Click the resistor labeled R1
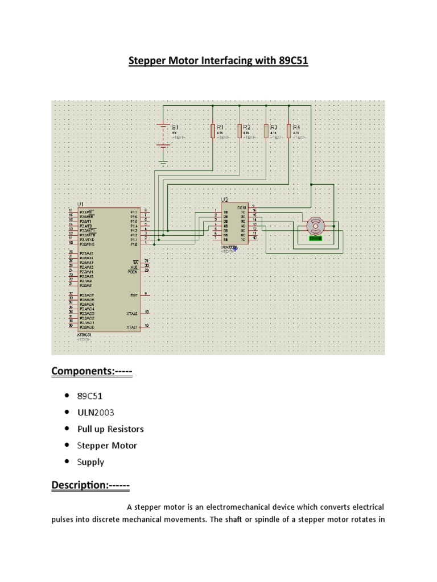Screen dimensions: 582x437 click(x=213, y=131)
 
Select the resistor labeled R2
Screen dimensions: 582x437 click(x=240, y=131)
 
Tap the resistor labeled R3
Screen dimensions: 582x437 click(x=266, y=131)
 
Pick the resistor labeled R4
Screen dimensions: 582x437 click(x=288, y=131)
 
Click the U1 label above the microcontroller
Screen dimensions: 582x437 click(x=80, y=203)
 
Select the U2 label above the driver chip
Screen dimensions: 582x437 click(x=224, y=199)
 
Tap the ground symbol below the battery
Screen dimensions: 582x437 click(x=164, y=164)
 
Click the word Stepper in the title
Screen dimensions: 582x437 click(x=147, y=61)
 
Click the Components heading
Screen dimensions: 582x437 click(x=92, y=372)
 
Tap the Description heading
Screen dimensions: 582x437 click(x=90, y=486)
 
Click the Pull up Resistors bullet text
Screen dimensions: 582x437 click(x=110, y=429)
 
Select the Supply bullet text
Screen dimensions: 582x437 click(x=90, y=462)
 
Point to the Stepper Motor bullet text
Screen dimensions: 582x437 click(x=107, y=446)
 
